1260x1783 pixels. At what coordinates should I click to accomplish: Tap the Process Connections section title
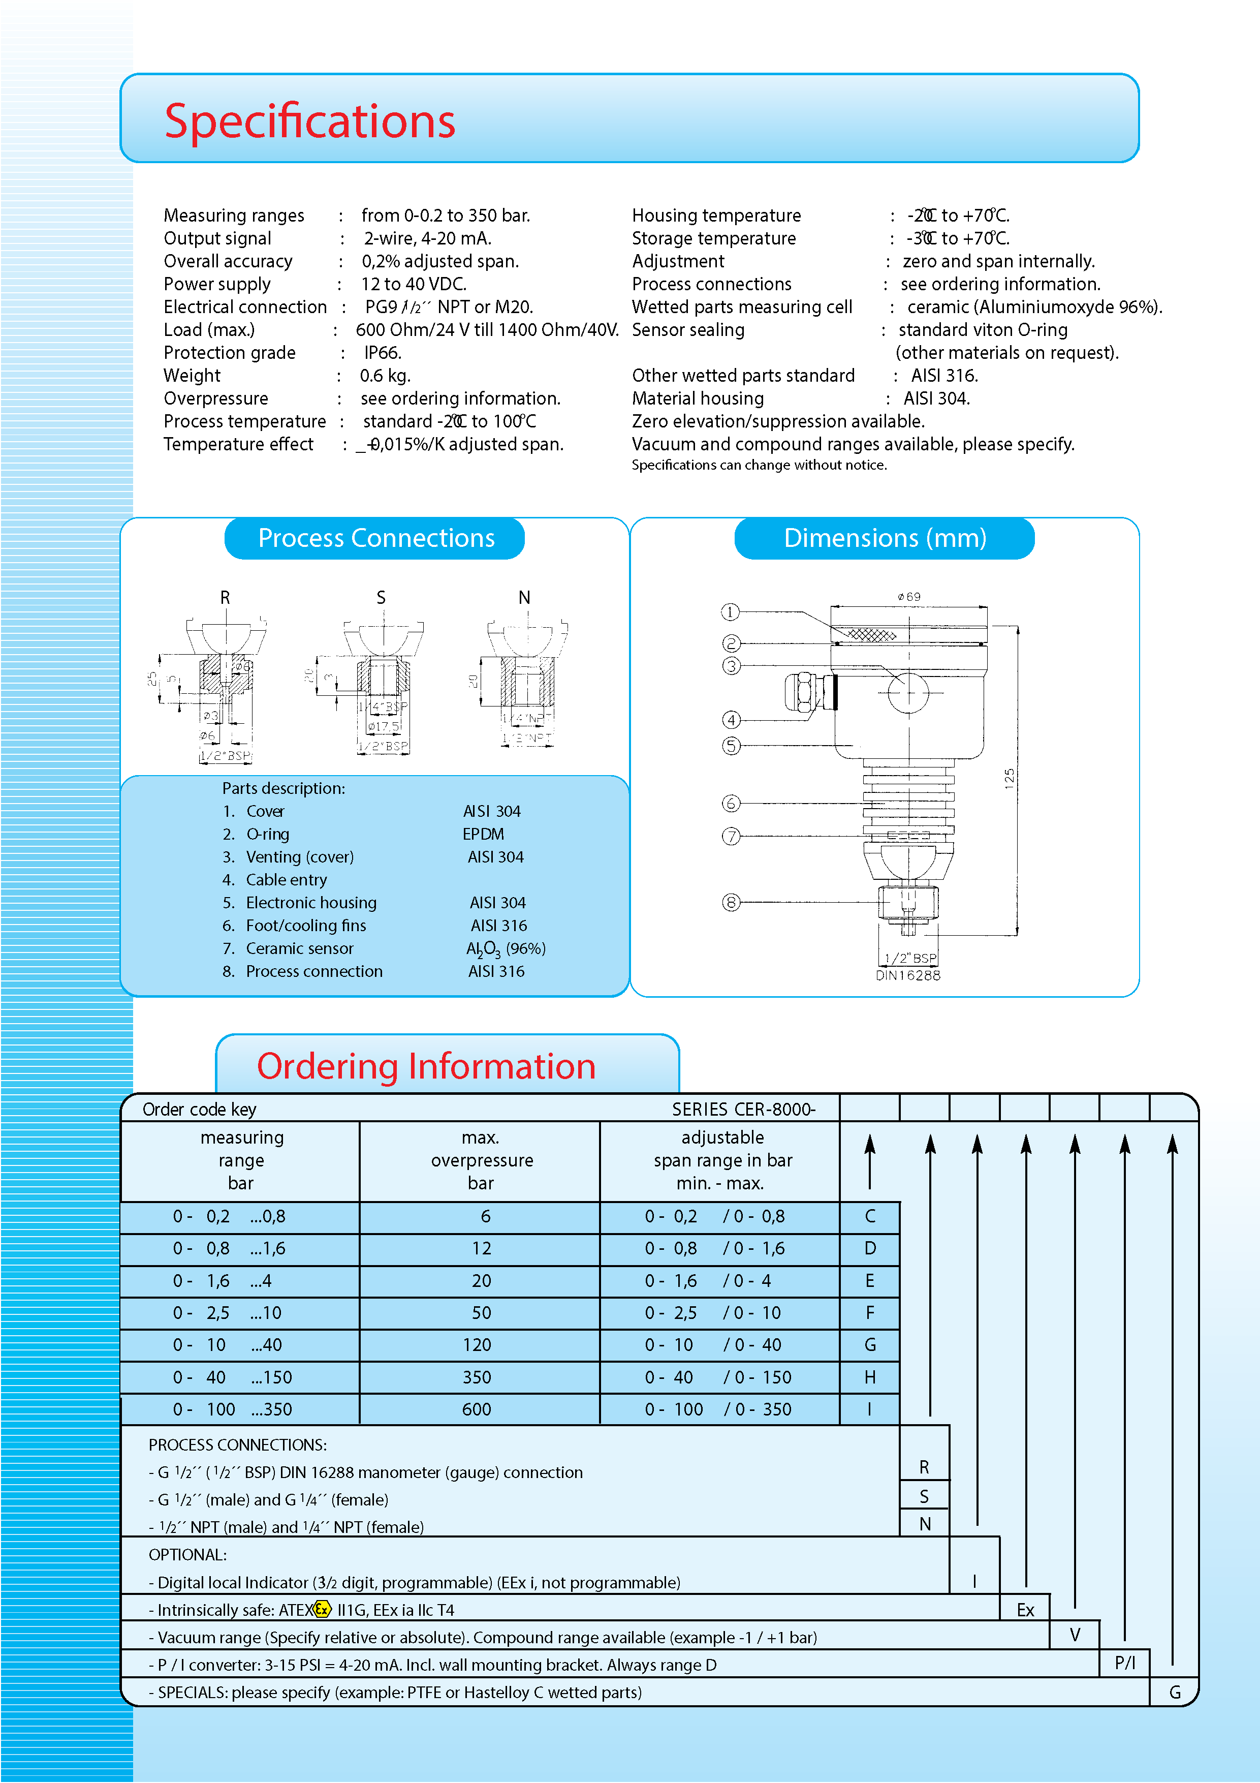[x=376, y=538]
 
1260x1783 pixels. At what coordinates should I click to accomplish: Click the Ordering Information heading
[x=426, y=1066]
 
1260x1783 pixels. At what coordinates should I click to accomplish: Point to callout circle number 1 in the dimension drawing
[x=730, y=612]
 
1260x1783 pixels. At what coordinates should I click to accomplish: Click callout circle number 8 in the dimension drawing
[x=731, y=902]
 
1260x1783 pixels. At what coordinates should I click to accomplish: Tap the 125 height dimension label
[x=1009, y=778]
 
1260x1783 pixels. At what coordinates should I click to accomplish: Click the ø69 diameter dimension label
[x=909, y=596]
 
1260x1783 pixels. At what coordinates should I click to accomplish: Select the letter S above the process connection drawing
[x=381, y=597]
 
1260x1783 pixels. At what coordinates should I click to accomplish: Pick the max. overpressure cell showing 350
[x=477, y=1377]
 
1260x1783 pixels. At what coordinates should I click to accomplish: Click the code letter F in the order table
[x=869, y=1312]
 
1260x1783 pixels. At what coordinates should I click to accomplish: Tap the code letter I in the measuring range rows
[x=869, y=1409]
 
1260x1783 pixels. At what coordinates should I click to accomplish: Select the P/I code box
[x=1124, y=1663]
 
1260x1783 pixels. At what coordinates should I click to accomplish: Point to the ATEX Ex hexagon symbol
[x=322, y=1609]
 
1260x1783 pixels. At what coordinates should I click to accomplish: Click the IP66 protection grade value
[x=382, y=353]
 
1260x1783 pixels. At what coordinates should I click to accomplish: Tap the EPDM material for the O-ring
[x=483, y=834]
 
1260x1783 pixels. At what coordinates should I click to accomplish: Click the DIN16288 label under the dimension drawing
[x=907, y=975]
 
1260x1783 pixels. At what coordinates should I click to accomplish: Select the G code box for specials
[x=1175, y=1692]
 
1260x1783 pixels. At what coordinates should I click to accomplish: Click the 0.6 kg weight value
[x=385, y=376]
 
